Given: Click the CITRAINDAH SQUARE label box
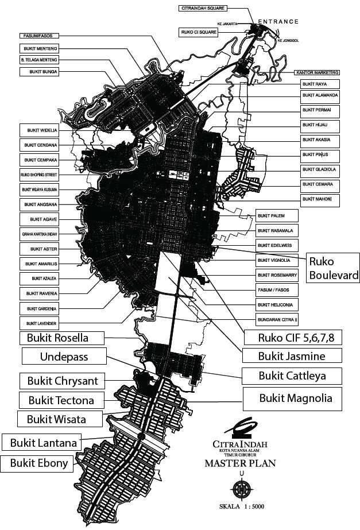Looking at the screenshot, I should click(203, 9).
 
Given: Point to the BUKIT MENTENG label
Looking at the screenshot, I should click(42, 48).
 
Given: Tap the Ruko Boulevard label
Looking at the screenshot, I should click(334, 268).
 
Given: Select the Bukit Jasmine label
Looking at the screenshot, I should click(292, 356).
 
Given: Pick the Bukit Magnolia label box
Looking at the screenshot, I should click(296, 397).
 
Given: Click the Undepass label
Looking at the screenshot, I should click(64, 357).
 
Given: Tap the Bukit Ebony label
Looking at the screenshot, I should click(38, 463).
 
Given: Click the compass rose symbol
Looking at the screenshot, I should click(241, 488).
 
